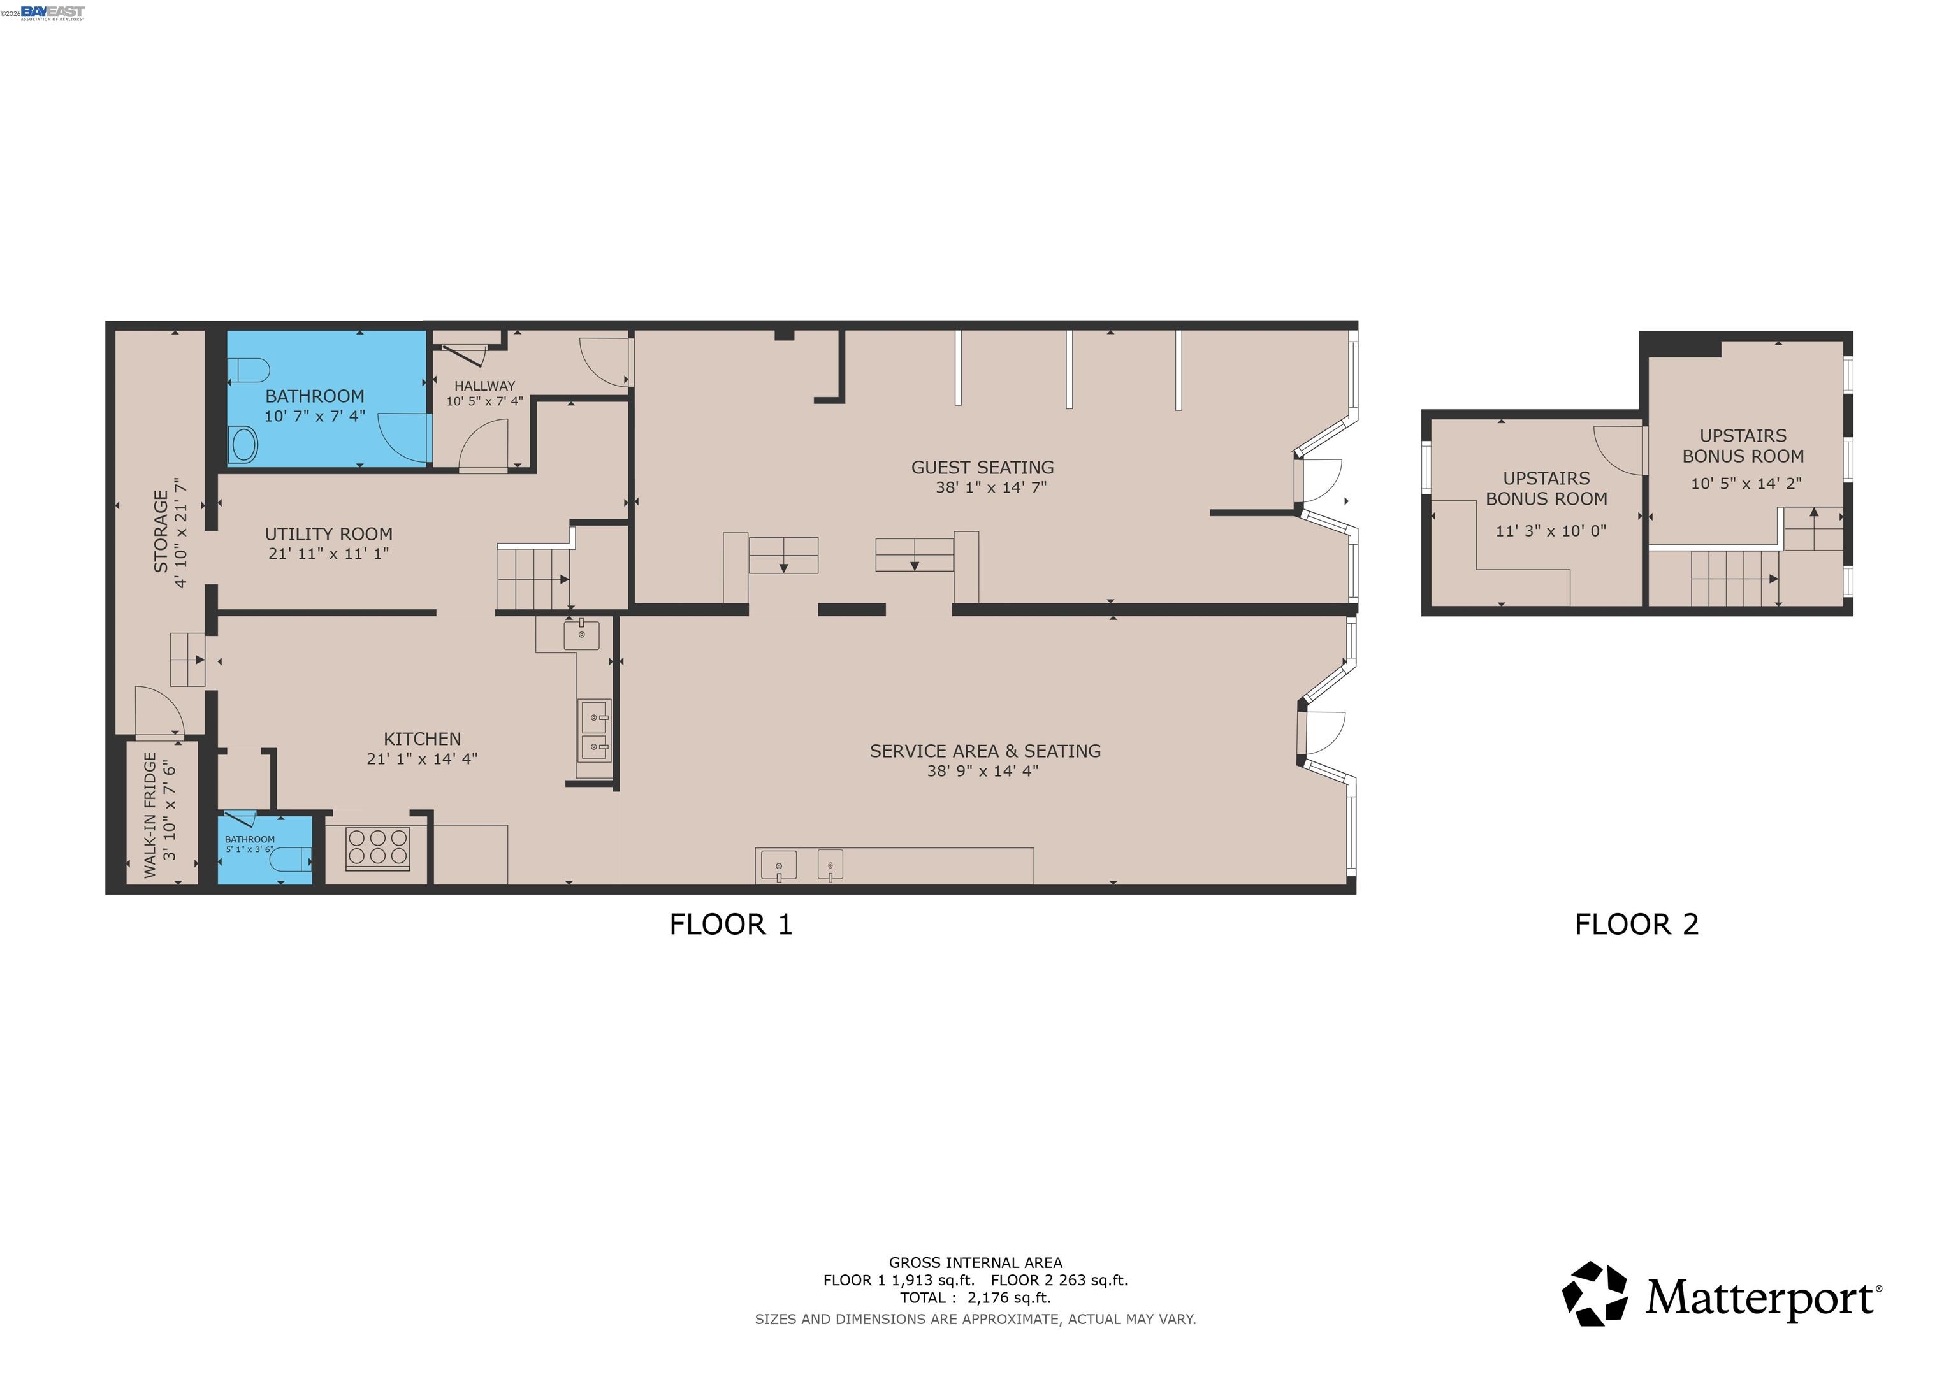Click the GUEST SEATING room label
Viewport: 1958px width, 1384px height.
(x=982, y=467)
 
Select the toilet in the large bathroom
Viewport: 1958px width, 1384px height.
(x=250, y=370)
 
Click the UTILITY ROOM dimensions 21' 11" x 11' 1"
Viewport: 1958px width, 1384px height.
(x=328, y=554)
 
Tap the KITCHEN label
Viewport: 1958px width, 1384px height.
(x=422, y=739)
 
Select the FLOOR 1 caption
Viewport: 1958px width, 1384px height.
(x=731, y=925)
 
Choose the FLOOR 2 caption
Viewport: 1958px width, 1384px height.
(x=1637, y=925)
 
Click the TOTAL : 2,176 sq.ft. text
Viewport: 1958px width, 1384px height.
(x=975, y=1298)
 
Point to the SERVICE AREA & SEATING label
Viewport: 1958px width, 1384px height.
(x=985, y=751)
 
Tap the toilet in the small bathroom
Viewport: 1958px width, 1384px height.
(x=289, y=860)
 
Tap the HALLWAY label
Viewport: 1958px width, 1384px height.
(x=484, y=386)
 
